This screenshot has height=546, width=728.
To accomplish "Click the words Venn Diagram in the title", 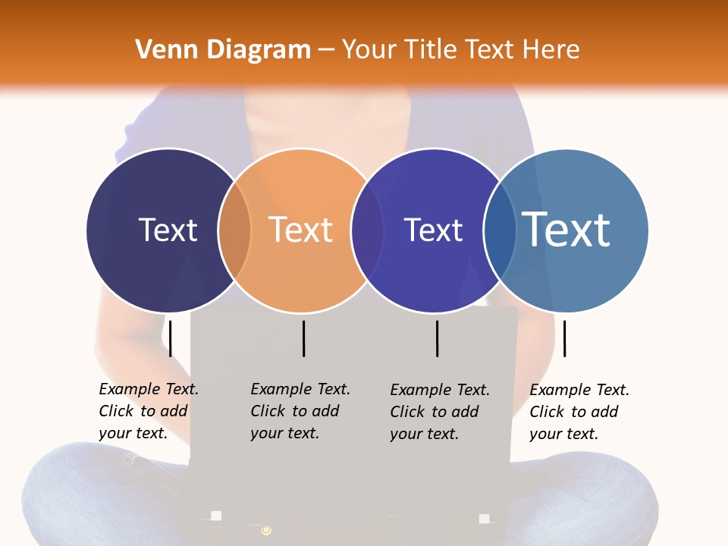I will (223, 50).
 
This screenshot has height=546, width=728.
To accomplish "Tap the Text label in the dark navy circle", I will (168, 230).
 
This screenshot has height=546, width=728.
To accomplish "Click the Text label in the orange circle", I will (301, 230).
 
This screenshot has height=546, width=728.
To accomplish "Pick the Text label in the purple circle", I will (433, 230).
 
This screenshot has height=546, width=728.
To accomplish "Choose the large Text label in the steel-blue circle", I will (566, 229).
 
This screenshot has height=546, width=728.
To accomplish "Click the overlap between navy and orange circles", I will (234, 231).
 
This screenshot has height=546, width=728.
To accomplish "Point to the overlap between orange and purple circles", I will (367, 231).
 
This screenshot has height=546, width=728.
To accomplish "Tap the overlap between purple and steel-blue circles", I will (500, 231).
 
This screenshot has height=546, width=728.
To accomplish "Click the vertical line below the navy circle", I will (171, 338).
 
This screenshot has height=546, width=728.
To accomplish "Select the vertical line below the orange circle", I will (303, 338).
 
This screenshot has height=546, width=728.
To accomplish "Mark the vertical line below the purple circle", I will (438, 338).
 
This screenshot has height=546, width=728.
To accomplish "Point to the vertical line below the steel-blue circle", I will (564, 338).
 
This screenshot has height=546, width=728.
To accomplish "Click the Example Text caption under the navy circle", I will (149, 411).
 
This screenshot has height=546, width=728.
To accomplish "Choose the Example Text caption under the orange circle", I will (300, 411).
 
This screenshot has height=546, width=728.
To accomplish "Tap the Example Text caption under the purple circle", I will (440, 412).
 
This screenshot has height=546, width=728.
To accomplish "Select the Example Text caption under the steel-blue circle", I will (579, 412).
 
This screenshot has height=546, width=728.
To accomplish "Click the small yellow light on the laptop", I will (266, 530).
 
